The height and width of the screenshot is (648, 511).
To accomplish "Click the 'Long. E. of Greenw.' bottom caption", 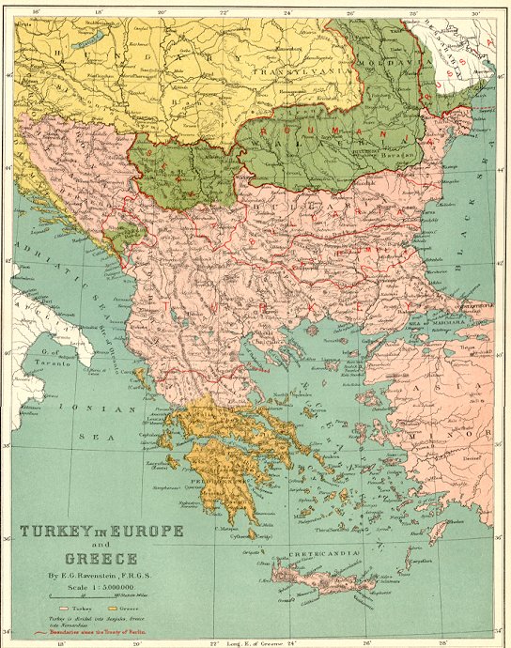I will tap(249, 642).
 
